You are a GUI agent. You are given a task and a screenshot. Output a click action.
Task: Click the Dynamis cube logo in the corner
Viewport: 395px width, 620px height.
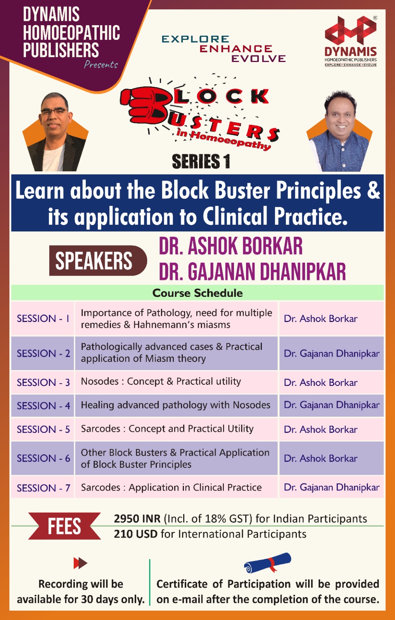coord(351,31)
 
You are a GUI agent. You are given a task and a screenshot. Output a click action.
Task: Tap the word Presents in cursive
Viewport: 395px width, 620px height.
coord(101,64)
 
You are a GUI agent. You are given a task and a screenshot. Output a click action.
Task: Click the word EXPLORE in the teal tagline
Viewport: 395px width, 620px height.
coord(196,39)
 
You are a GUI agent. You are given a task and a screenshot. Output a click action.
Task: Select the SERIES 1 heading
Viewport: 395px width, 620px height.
coord(201,161)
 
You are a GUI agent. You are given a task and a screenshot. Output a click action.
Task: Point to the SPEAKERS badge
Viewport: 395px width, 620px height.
coord(98,260)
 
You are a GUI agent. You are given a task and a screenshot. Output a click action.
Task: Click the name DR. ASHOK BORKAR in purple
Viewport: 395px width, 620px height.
coord(230,246)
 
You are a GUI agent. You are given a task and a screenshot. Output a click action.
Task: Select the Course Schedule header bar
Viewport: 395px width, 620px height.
coord(197,293)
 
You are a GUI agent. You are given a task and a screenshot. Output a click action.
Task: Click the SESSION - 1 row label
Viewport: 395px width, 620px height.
coord(43,319)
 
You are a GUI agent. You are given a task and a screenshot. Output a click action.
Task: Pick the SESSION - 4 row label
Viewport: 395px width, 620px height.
coord(43,405)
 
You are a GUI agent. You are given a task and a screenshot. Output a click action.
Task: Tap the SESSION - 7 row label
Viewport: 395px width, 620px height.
coord(43,488)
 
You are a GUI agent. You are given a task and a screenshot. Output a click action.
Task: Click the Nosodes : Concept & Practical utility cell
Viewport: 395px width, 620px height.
coord(176,382)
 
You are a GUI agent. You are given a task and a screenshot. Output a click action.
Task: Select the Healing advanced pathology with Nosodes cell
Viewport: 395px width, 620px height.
coord(176,405)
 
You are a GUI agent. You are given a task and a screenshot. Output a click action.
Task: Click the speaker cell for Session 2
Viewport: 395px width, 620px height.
coord(331,353)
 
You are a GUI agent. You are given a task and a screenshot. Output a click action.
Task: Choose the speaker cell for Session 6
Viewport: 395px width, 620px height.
coord(331,458)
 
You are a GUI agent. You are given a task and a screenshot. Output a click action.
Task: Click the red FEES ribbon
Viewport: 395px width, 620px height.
coord(64,526)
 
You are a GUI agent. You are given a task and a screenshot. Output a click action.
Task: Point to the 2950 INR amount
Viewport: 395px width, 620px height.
coord(137,518)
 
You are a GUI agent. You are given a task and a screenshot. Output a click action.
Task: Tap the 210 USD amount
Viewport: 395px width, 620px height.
coord(135,534)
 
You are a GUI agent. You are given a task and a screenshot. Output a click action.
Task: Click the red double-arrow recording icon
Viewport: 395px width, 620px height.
coord(80,563)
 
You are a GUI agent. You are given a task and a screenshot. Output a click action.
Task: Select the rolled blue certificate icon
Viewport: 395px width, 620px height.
coord(267,563)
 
